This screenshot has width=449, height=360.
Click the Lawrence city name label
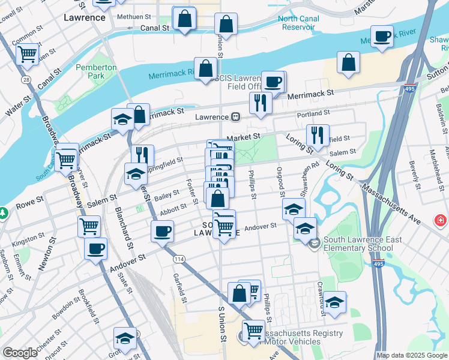[84, 17]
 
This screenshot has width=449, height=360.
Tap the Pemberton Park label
[96, 72]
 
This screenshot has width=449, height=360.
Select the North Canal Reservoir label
[299, 23]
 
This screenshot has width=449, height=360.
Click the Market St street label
[246, 137]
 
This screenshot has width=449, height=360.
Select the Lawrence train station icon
[237, 116]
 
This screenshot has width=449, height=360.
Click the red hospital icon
[441, 220]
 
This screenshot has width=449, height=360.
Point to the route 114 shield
[179, 259]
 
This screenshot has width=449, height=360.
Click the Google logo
[20, 353]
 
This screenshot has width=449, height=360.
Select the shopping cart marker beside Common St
[28, 54]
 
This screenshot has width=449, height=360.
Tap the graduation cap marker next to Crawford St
[335, 301]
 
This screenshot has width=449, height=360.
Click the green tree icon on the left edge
[3, 213]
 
